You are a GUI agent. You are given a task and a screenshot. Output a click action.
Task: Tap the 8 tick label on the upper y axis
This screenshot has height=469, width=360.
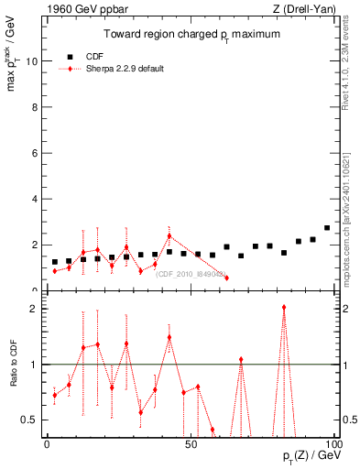tap(32, 107)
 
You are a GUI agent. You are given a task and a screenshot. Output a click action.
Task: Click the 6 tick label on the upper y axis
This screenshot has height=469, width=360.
tap(32, 153)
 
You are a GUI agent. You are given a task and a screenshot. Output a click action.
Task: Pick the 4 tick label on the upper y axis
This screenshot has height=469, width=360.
tap(32, 199)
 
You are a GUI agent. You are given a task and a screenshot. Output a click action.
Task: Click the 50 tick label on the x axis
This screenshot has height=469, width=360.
tap(191, 443)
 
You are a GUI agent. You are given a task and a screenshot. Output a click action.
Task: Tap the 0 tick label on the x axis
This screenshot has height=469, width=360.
tap(47, 443)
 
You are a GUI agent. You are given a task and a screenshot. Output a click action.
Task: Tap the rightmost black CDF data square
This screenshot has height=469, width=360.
tap(327, 228)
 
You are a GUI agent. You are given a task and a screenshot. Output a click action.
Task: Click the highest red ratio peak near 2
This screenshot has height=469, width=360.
tap(284, 308)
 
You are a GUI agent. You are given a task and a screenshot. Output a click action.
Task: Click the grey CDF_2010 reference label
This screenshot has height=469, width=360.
tap(191, 273)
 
